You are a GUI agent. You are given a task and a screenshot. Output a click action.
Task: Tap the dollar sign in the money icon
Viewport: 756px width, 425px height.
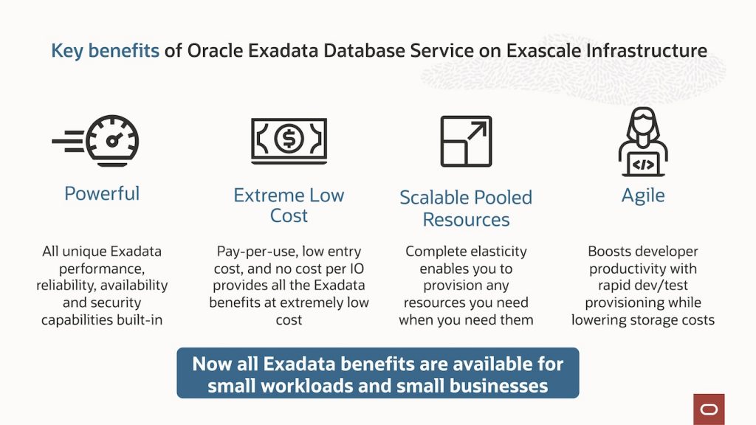point(289,138)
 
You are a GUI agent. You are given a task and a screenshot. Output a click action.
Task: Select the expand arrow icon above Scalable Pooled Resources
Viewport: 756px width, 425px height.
point(466,141)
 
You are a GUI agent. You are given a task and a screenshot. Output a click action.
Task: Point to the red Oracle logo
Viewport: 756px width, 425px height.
point(709,409)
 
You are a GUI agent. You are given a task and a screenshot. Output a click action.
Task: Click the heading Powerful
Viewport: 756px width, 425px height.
point(102,193)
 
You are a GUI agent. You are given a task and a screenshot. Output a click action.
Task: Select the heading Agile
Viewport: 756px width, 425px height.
point(643,196)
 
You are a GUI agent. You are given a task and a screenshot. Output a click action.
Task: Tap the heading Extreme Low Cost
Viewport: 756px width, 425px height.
point(289,205)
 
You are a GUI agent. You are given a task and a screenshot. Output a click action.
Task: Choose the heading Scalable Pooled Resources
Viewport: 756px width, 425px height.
point(466,208)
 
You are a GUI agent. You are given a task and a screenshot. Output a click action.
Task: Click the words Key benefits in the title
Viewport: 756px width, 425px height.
point(105,50)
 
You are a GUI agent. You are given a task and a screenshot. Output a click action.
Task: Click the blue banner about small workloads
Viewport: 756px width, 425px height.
point(377,374)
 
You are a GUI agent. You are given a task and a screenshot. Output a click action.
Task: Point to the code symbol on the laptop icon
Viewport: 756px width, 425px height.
point(643,164)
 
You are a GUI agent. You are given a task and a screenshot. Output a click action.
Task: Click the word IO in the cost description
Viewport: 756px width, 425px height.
point(358,269)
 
